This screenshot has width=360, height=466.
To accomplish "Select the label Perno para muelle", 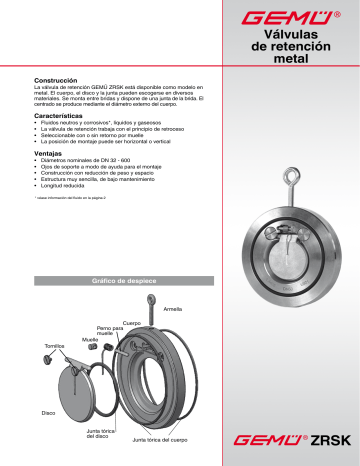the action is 110,331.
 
